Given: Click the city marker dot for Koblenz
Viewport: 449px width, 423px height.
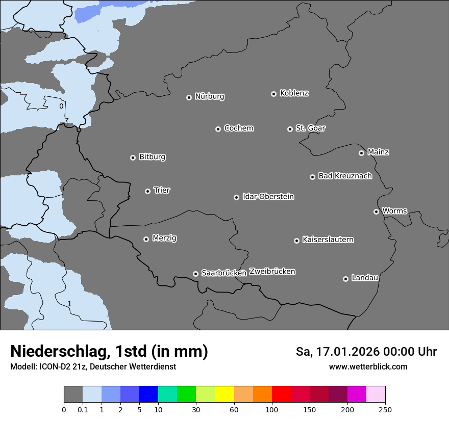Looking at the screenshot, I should pyautogui.click(x=273, y=94).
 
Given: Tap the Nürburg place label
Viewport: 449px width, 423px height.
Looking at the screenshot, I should pyautogui.click(x=209, y=96).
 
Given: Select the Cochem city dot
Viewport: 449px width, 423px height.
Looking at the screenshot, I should pyautogui.click(x=218, y=129).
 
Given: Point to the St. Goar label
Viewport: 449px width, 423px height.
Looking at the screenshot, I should pyautogui.click(x=310, y=128).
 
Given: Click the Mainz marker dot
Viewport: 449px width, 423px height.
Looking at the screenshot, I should pyautogui.click(x=361, y=153).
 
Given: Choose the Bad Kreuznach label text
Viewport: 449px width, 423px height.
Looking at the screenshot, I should pyautogui.click(x=345, y=176).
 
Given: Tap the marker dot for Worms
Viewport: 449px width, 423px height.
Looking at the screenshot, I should pyautogui.click(x=376, y=211).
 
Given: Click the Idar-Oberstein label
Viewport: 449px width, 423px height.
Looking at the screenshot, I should pyautogui.click(x=268, y=196).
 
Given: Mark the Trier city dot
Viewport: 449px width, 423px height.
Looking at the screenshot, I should pyautogui.click(x=147, y=191).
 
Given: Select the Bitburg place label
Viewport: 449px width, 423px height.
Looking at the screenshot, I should pyautogui.click(x=152, y=157).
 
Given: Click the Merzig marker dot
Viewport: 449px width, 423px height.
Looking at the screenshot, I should pyautogui.click(x=146, y=239).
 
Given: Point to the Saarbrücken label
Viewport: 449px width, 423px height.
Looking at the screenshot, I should pyautogui.click(x=223, y=273).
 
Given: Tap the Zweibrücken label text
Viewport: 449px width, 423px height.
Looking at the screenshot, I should pyautogui.click(x=272, y=272).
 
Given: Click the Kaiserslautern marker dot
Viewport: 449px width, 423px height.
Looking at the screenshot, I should pyautogui.click(x=296, y=241).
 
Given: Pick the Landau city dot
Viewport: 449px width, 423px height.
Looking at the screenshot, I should pyautogui.click(x=345, y=279).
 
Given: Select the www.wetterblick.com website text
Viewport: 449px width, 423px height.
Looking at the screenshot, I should pyautogui.click(x=368, y=367).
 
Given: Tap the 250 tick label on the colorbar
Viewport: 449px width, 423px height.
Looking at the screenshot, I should pyautogui.click(x=385, y=409).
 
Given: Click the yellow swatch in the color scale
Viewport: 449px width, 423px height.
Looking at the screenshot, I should pyautogui.click(x=224, y=394).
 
